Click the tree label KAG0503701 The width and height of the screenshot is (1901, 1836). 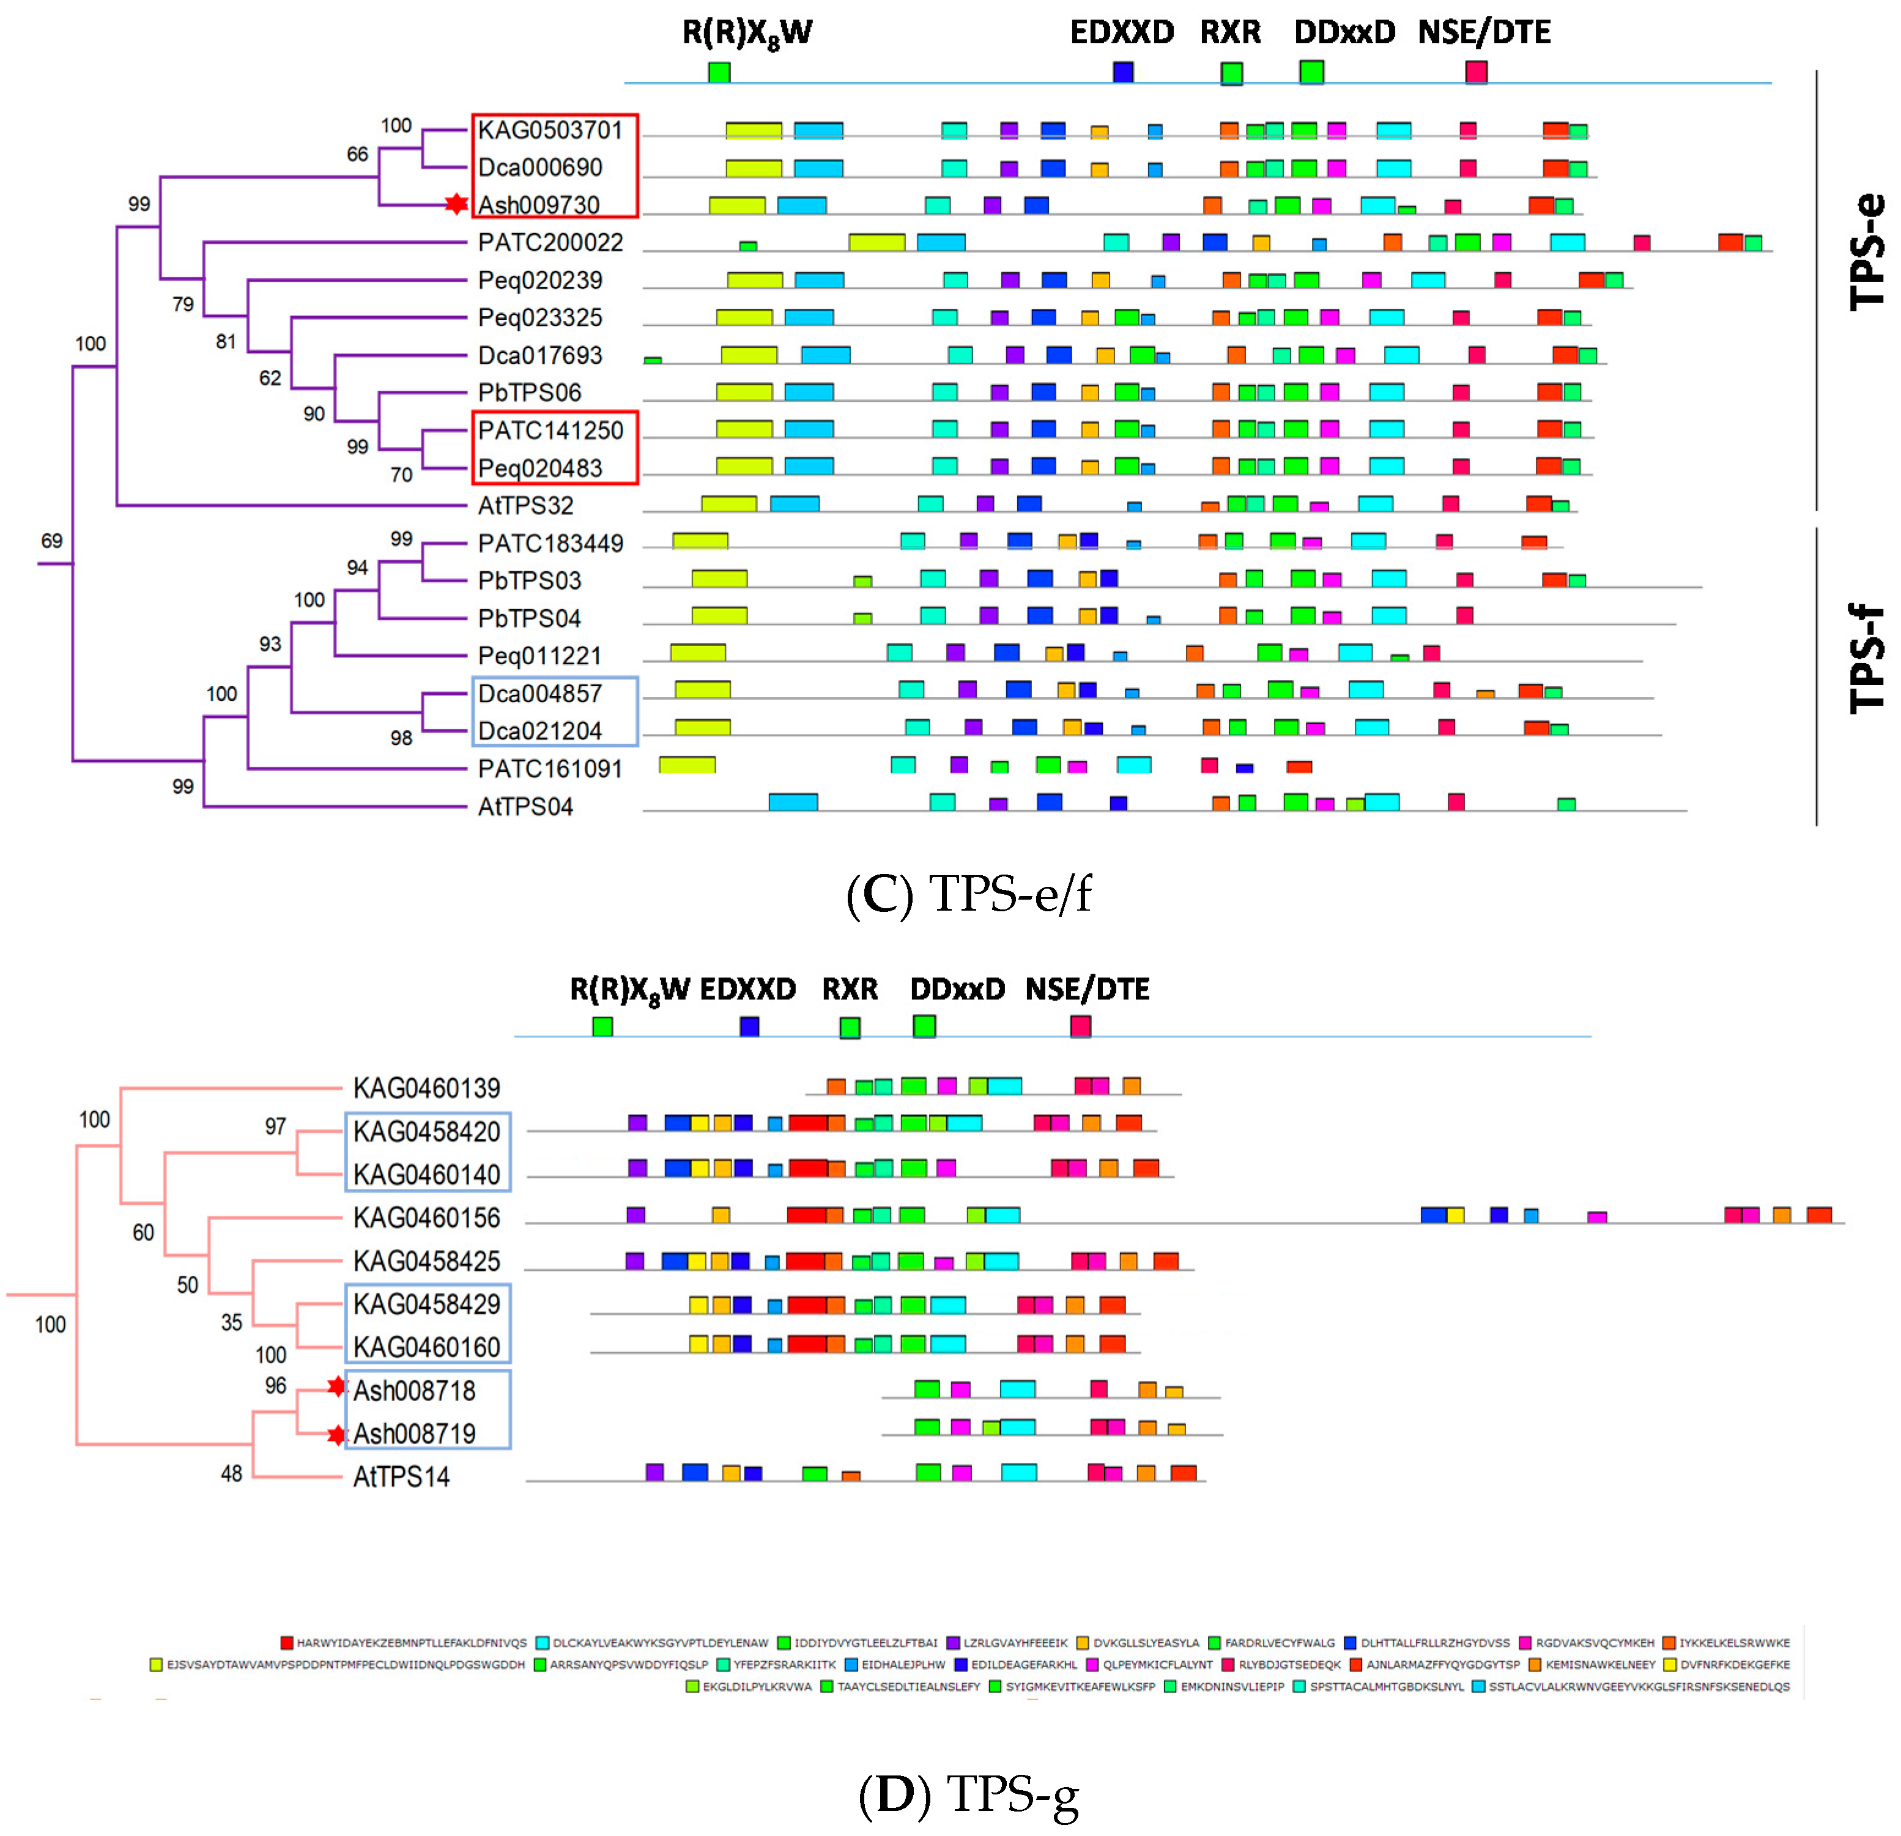coord(549,130)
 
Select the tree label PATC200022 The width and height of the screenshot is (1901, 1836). coord(550,242)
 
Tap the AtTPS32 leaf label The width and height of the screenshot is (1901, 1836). coord(525,505)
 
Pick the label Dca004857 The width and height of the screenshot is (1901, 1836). coord(539,694)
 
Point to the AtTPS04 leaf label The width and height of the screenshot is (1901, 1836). coord(525,806)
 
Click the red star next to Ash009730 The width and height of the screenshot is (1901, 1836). coord(456,205)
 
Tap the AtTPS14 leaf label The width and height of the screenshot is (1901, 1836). coord(401,1476)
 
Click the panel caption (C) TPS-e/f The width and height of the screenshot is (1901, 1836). coord(968,894)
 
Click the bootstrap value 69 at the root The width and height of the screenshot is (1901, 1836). coord(51,540)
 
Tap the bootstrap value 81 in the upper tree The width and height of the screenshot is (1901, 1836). coord(226,341)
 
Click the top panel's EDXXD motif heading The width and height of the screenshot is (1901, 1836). coord(1121,32)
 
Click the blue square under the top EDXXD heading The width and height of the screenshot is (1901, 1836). coord(1123,72)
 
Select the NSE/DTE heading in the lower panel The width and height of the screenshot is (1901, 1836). coord(1088,990)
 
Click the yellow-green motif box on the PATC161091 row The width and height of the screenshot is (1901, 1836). coord(687,765)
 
